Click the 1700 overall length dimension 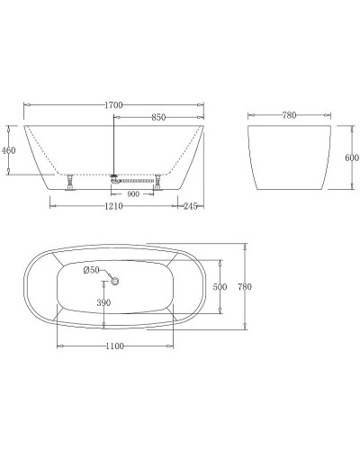point(113,105)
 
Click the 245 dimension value point(189,207)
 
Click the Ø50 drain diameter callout point(92,270)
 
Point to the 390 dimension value point(103,303)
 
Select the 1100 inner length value point(113,357)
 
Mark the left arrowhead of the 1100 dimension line point(59,346)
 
